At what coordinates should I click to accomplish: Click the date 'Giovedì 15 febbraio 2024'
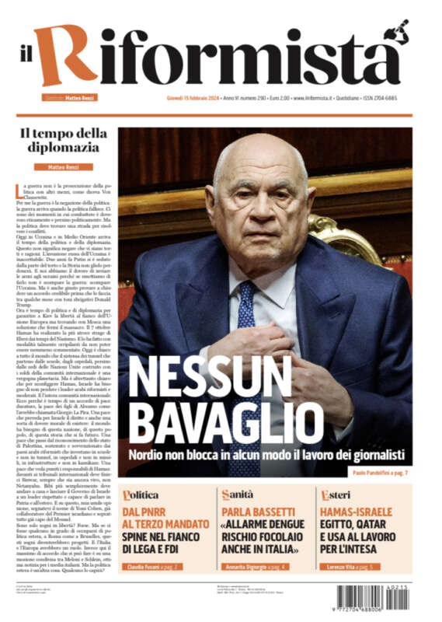click(x=192, y=99)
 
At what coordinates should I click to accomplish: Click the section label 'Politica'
click(x=141, y=494)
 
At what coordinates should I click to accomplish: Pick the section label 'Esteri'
click(x=337, y=494)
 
